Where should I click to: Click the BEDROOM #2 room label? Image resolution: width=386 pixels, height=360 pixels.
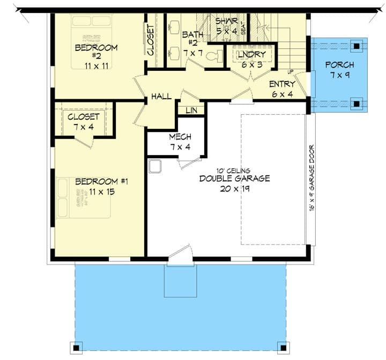coord(96,48)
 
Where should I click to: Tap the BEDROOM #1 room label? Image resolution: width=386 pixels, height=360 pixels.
coord(102,181)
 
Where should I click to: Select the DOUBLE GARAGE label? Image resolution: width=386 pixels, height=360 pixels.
coord(235,179)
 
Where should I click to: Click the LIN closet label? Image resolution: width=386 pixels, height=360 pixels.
coord(191,110)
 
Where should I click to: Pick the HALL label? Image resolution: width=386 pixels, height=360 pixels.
coord(161,97)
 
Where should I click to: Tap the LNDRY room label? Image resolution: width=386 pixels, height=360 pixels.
coord(251,54)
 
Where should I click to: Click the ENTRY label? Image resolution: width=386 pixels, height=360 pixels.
coord(282,84)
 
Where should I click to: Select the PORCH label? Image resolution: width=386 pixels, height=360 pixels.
coord(339,65)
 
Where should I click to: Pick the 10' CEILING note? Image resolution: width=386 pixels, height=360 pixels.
coord(235,170)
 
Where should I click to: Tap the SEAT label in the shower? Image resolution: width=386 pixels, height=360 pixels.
coord(243,28)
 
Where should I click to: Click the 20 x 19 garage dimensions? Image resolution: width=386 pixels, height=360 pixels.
coord(235,188)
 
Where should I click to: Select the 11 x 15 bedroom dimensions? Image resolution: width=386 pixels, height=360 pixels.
coord(102,191)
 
